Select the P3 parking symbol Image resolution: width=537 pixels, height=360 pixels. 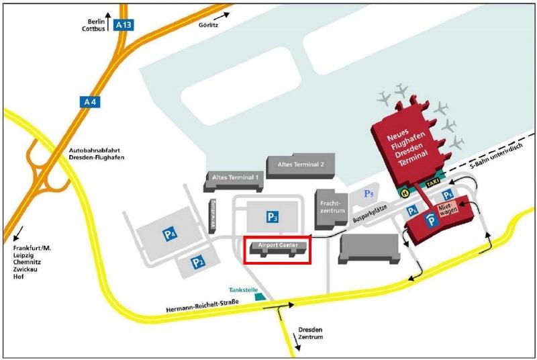272,216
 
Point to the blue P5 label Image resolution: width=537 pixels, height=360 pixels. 369,193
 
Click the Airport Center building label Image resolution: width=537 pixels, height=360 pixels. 278,246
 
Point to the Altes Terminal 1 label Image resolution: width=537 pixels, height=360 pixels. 235,177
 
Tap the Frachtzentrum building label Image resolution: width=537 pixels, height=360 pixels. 331,206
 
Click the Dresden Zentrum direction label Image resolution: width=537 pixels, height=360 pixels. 309,334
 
